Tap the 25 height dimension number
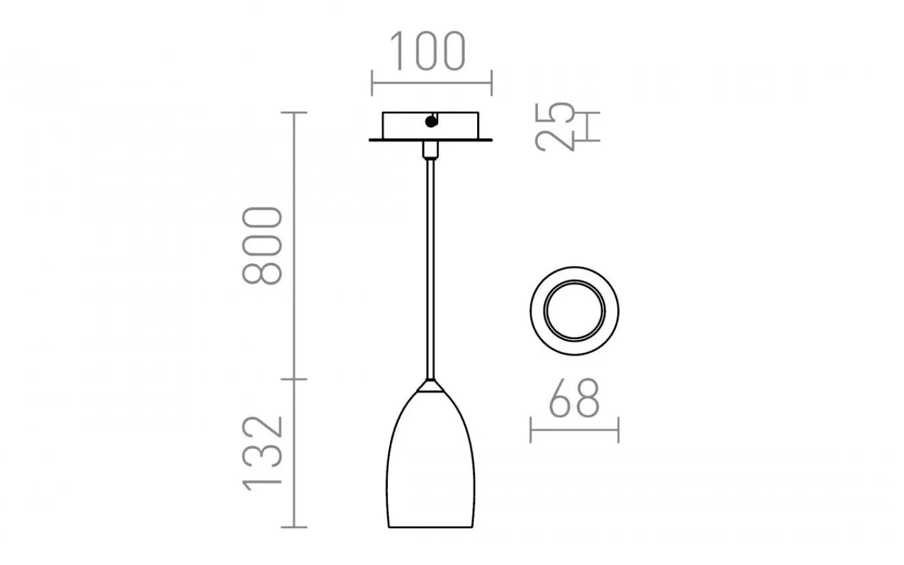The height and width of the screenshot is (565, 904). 556,126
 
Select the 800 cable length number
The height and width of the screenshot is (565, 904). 263,245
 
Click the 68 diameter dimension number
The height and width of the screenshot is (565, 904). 574,399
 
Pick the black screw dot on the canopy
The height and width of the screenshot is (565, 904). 431,122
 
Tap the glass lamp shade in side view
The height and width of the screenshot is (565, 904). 431,465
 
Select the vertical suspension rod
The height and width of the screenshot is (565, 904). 430,264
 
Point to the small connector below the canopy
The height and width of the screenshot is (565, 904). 430,149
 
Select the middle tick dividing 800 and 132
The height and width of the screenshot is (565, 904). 294,379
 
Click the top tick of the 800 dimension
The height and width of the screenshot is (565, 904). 294,112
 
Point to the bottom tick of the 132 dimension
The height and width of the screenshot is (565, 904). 294,527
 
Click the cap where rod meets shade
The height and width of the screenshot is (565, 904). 430,385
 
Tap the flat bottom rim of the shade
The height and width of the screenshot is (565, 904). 431,527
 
